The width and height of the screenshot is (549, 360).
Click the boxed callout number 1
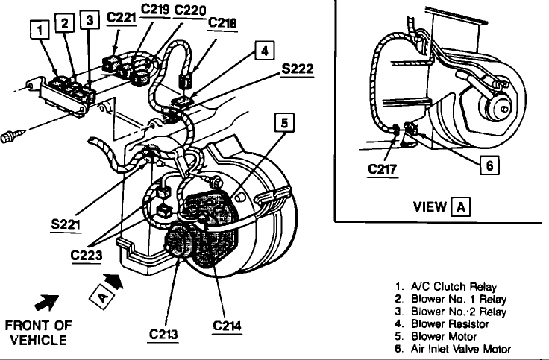[x=40, y=29]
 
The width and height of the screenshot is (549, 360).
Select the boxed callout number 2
[x=64, y=23]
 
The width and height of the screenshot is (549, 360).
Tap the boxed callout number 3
[x=90, y=19]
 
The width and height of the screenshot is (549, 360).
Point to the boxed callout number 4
[x=265, y=51]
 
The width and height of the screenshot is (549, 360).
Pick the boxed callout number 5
[x=284, y=123]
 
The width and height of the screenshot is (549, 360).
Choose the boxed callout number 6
[x=489, y=165]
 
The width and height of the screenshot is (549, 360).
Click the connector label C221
[x=121, y=17]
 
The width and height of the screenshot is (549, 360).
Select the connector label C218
[x=222, y=23]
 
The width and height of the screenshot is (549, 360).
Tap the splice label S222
[x=298, y=69]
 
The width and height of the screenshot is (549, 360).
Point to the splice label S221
[x=66, y=224]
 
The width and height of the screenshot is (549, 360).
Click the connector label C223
[x=86, y=256]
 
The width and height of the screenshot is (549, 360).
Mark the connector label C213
[x=163, y=335]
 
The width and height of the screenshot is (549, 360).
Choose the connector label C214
[x=227, y=326]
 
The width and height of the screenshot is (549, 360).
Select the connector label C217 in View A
[x=383, y=170]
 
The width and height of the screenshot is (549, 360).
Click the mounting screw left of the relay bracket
[x=13, y=136]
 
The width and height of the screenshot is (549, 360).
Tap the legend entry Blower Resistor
[x=450, y=324]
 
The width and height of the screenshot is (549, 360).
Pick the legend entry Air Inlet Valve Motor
[x=461, y=349]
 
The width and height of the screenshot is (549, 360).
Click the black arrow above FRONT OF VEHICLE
[x=47, y=303]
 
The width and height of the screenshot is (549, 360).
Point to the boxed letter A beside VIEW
[x=460, y=207]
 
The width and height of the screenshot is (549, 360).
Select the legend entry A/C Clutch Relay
[x=454, y=287]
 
